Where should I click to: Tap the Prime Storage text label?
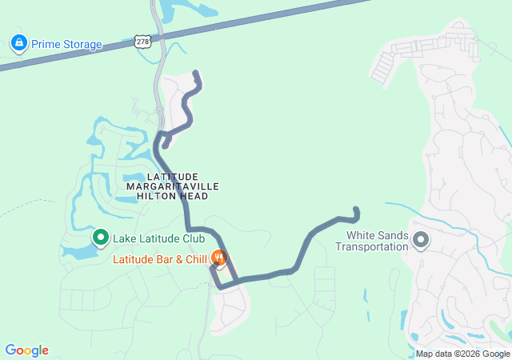click(67, 44)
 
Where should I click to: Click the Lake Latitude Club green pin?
click(101, 238)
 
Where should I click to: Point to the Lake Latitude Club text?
click(158, 238)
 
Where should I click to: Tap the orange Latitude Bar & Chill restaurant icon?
click(218, 259)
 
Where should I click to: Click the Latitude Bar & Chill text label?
click(159, 259)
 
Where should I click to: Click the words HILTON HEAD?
click(172, 196)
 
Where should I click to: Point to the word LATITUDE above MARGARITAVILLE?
click(172, 176)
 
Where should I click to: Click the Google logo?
click(26, 350)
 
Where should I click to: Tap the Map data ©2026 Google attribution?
click(462, 354)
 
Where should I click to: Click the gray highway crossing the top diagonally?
click(320, 23)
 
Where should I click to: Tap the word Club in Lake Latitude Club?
click(193, 238)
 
